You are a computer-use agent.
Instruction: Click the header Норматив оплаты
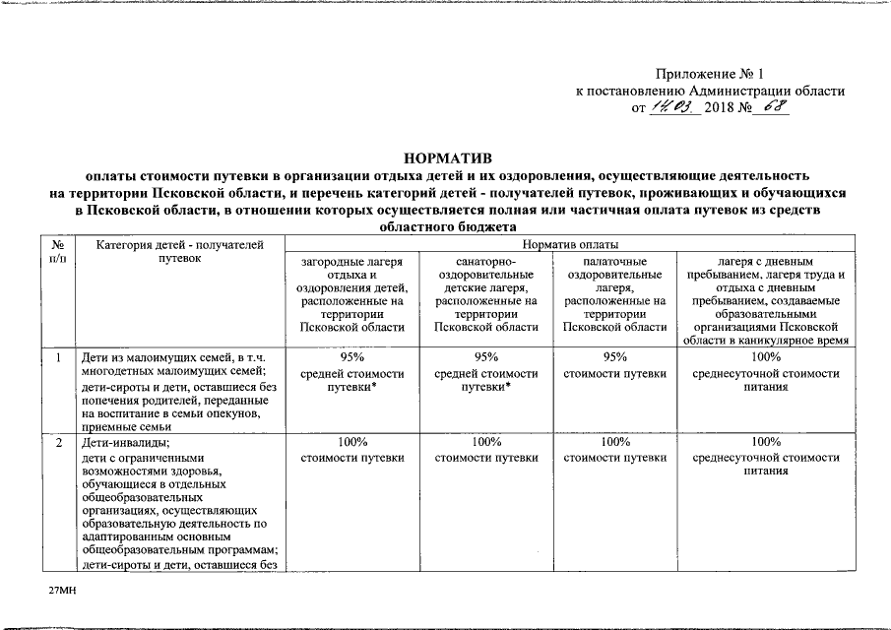[x=570, y=244]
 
